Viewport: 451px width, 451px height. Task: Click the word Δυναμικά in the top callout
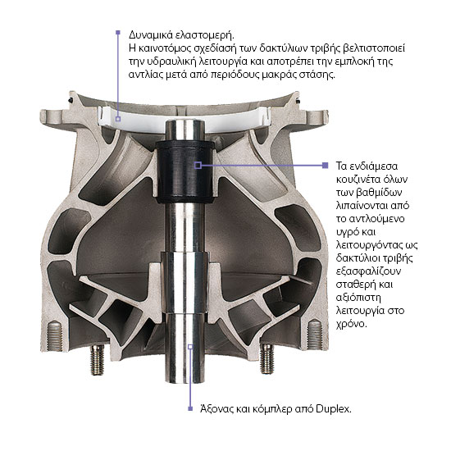pos(150,35)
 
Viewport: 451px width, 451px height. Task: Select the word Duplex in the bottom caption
pos(334,408)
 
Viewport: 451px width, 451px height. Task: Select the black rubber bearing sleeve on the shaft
pos(185,172)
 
